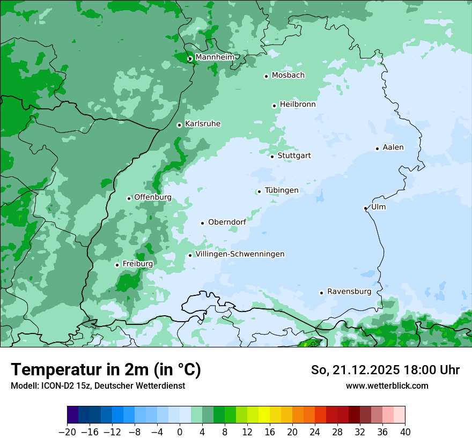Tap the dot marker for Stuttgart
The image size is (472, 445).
click(x=272, y=157)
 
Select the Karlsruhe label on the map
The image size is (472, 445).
click(x=203, y=124)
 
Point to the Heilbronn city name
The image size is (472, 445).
click(x=298, y=105)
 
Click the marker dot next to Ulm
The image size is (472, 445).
click(x=365, y=208)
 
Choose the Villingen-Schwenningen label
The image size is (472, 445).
click(x=240, y=254)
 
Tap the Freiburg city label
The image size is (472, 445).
click(x=137, y=264)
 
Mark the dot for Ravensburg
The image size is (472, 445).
click(x=321, y=293)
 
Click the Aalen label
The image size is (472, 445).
click(x=393, y=147)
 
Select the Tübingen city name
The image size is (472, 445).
click(x=282, y=190)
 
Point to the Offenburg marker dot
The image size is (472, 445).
click(x=129, y=198)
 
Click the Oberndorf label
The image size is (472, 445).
click(x=227, y=222)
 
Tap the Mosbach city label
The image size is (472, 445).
click(x=288, y=75)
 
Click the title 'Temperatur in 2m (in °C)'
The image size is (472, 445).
click(x=106, y=369)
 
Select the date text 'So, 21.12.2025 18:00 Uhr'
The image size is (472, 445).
click(x=385, y=370)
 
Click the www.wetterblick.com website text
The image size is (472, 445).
click(x=387, y=385)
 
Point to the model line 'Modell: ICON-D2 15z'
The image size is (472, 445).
click(x=97, y=385)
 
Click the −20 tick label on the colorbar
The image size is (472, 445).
click(x=67, y=432)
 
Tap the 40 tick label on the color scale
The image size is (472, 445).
click(x=405, y=432)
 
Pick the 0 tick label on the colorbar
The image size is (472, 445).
click(x=180, y=432)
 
